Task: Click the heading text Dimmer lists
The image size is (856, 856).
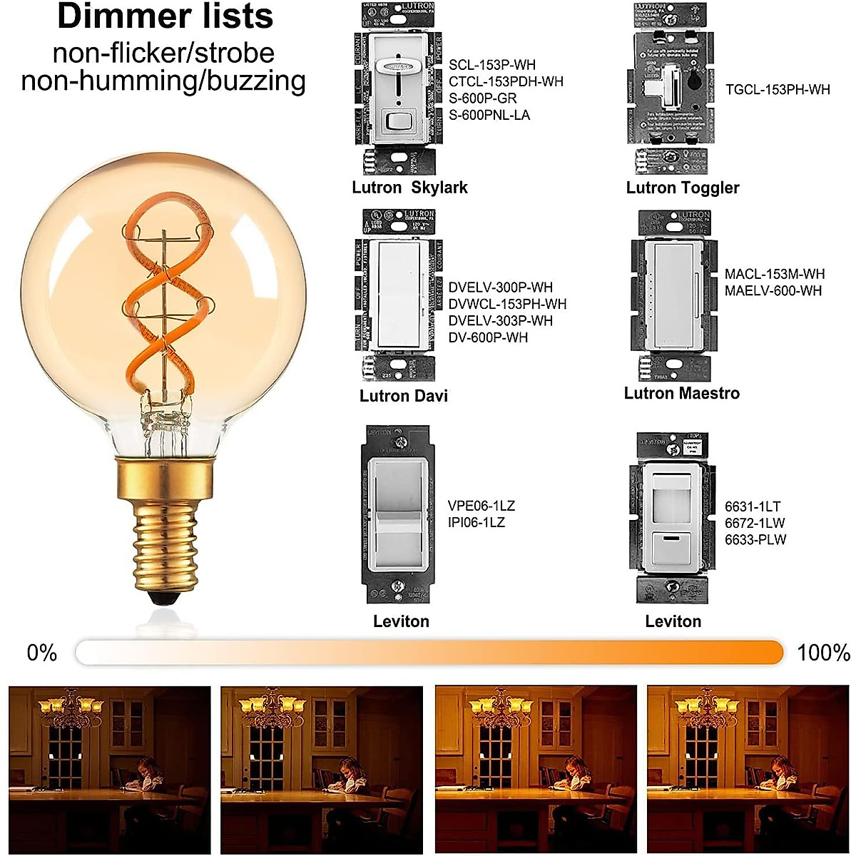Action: click(x=165, y=17)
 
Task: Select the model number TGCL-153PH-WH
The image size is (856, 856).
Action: click(x=778, y=89)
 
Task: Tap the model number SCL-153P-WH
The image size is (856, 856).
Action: click(x=491, y=65)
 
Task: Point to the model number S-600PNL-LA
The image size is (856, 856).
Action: click(x=489, y=115)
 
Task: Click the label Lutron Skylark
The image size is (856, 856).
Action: click(x=409, y=188)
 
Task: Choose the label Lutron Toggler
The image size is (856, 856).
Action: click(x=682, y=188)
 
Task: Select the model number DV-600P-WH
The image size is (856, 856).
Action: click(x=488, y=337)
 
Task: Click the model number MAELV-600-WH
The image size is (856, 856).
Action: click(x=773, y=291)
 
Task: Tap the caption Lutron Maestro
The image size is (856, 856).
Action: click(x=681, y=393)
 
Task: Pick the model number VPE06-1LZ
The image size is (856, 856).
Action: click(x=481, y=506)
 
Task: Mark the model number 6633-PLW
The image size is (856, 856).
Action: click(x=755, y=540)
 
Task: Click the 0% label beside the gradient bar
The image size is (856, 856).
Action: click(x=41, y=653)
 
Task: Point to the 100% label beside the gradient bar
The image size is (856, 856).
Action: click(x=823, y=653)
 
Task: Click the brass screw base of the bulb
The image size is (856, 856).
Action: click(x=164, y=535)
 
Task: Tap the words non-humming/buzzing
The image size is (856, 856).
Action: click(x=163, y=81)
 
